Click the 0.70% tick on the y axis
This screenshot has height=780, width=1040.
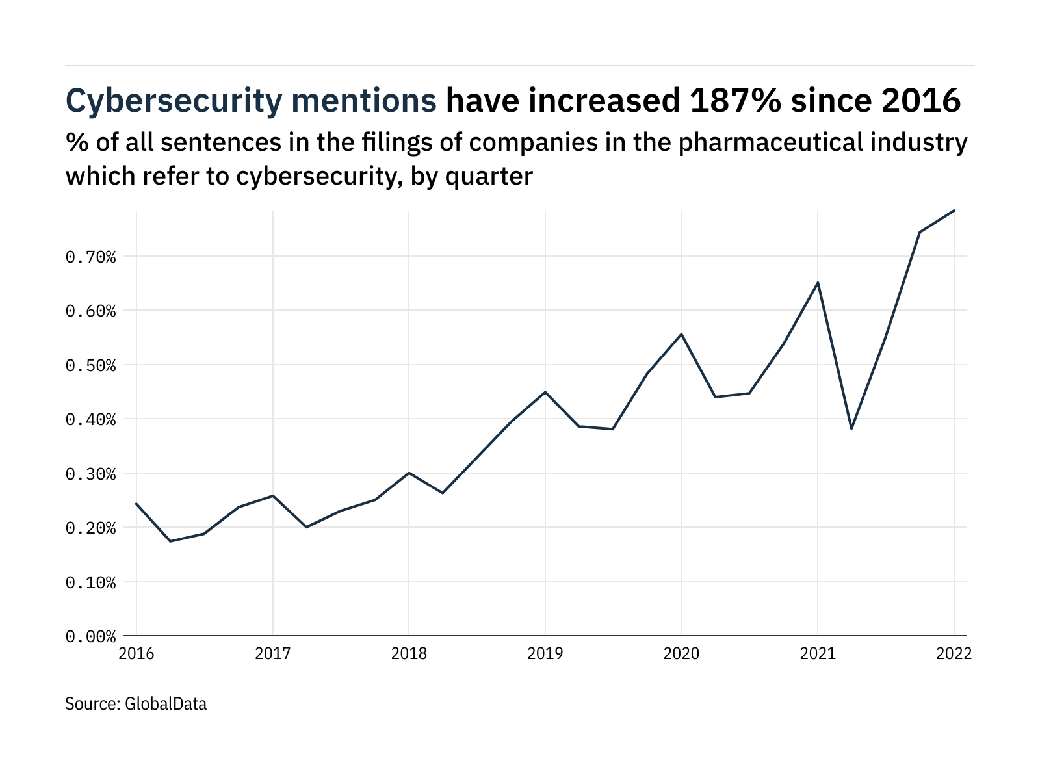90,257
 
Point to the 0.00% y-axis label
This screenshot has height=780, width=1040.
90,636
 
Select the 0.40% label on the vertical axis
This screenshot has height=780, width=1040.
90,419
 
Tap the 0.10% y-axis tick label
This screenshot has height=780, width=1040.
90,582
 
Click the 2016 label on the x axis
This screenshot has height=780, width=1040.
136,653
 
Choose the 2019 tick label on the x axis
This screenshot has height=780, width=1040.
545,653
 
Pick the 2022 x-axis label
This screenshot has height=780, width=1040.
954,653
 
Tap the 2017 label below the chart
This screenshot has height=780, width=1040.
272,653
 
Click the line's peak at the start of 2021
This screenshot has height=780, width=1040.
818,283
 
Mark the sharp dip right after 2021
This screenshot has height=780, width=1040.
851,428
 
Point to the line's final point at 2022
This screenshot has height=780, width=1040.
954,211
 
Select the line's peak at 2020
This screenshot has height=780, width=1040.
681,334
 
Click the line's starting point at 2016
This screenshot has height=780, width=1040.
136,504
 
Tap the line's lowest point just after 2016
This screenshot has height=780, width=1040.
170,541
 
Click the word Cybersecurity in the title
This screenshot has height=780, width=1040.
174,101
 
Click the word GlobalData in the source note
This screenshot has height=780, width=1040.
166,704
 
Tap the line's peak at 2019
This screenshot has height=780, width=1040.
545,392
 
